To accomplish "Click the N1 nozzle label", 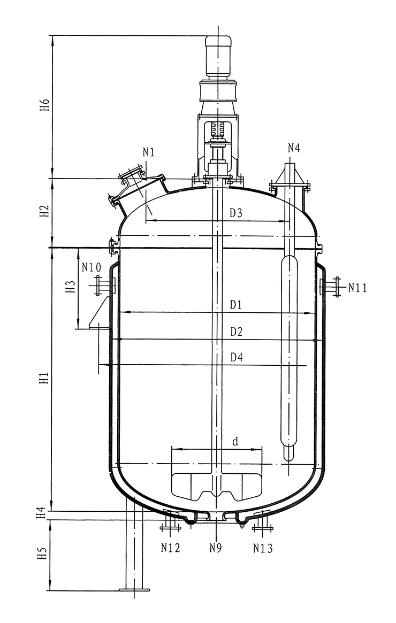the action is coord(148,152).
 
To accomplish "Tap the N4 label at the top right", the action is coord(294,149).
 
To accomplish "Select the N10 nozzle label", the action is coord(92,267).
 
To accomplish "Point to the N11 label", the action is coord(357,288).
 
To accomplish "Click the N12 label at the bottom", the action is coord(171,548).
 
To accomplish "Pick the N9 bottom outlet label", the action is coord(216,548).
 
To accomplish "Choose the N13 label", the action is coord(263,548).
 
